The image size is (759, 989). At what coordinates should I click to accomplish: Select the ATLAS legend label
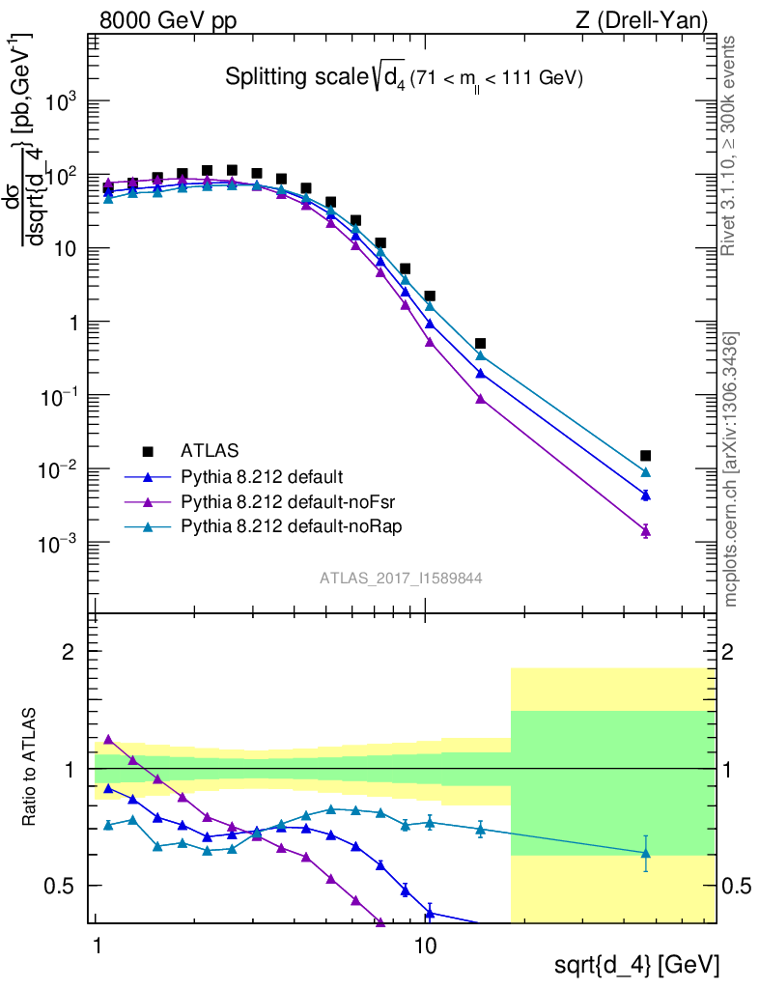(x=210, y=450)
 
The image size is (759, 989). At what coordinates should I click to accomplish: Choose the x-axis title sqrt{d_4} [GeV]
(x=636, y=964)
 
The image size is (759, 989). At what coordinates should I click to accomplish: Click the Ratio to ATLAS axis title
(x=31, y=769)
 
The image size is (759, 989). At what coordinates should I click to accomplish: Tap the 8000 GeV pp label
(x=168, y=20)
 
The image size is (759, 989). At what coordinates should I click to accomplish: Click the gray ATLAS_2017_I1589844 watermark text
(x=401, y=578)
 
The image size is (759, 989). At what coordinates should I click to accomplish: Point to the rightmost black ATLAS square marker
(x=645, y=456)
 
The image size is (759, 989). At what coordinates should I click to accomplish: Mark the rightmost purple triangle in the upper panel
(x=645, y=530)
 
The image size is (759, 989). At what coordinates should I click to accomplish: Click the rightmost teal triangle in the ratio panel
(x=645, y=853)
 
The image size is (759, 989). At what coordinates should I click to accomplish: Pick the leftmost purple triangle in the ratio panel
(x=108, y=739)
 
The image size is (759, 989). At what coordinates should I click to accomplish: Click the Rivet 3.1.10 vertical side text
(x=731, y=145)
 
